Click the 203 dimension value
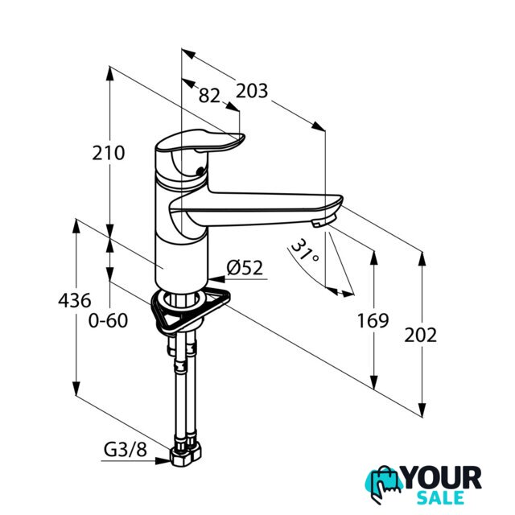coord(252,91)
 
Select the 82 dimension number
coord(209,96)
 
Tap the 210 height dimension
coord(109,153)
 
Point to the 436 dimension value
coord(75,300)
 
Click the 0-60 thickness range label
coord(108,320)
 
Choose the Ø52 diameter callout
coord(245,268)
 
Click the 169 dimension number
coord(373,320)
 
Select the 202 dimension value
coord(420,335)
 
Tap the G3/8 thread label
coord(126,450)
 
